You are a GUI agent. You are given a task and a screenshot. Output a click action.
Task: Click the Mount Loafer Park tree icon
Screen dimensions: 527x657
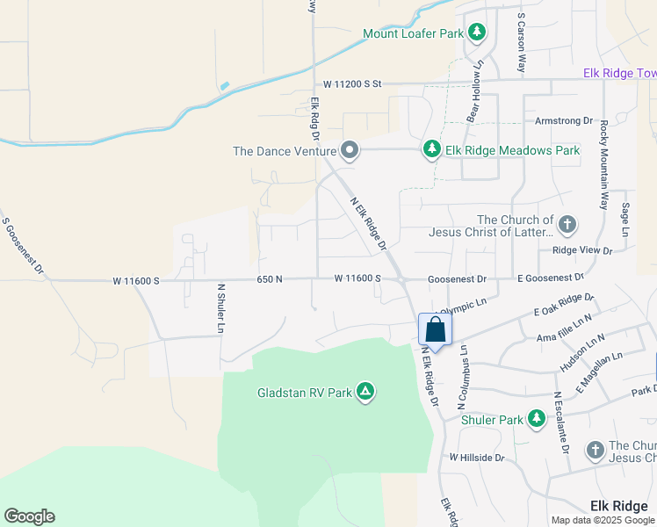[x=476, y=33]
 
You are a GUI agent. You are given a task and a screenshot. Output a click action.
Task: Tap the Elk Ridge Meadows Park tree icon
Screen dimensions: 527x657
[x=431, y=150]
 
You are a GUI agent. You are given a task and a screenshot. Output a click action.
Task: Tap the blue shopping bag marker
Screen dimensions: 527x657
[x=435, y=332]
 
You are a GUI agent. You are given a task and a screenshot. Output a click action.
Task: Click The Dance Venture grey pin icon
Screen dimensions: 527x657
[x=350, y=150]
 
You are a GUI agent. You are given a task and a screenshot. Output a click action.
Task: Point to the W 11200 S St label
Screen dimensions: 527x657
[x=352, y=83]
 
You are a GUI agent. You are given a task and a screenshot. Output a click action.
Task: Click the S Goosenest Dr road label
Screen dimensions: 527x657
[x=24, y=249]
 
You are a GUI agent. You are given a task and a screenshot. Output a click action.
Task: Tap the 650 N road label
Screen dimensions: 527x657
[x=270, y=279]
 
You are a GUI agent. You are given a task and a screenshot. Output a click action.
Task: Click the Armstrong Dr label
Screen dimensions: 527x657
[x=559, y=120]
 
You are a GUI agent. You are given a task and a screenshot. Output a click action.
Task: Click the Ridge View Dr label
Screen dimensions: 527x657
[x=581, y=250]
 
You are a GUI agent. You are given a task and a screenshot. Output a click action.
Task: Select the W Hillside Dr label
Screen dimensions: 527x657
[x=477, y=458]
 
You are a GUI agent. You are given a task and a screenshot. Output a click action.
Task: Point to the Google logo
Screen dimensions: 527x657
[x=29, y=516]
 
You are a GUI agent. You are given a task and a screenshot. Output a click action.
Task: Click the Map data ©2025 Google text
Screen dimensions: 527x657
[x=603, y=520]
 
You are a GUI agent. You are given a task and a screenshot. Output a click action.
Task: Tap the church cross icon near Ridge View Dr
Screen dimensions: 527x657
[x=567, y=223]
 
